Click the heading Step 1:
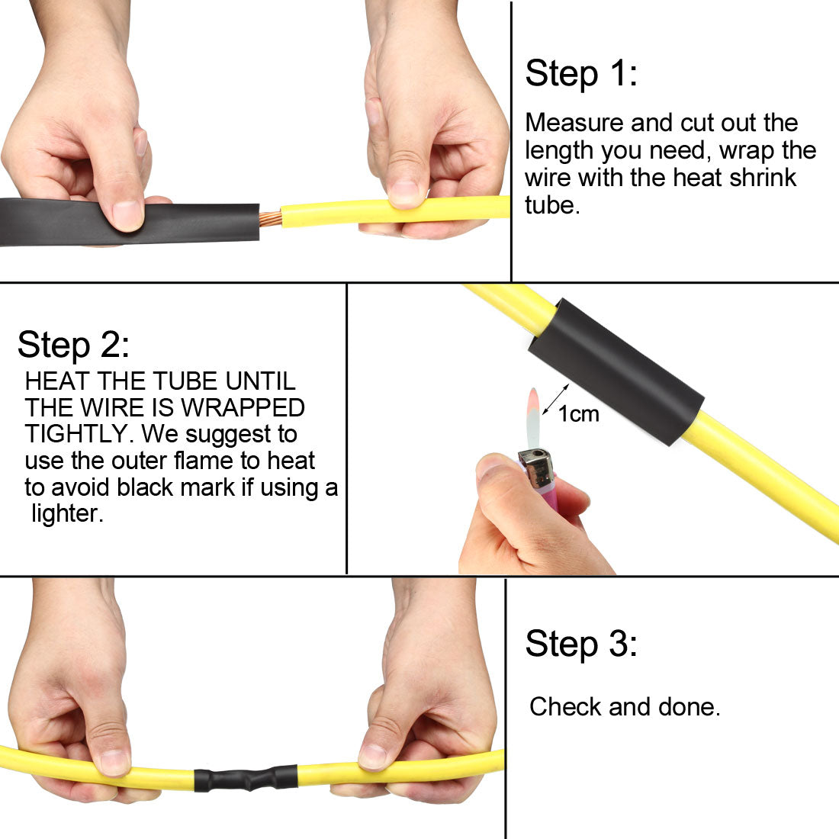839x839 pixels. pos(580,74)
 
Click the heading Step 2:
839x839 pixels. pos(73,345)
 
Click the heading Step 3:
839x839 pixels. pos(580,644)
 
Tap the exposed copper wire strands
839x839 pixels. pos(270,219)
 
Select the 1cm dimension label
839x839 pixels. pos(578,414)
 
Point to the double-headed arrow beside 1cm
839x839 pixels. pos(555,400)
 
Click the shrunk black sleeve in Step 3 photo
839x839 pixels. pos(245,779)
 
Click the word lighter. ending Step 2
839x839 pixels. pos(66,513)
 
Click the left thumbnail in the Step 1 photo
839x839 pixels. pos(127,214)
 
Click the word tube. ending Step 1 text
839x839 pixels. pos(551,204)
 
